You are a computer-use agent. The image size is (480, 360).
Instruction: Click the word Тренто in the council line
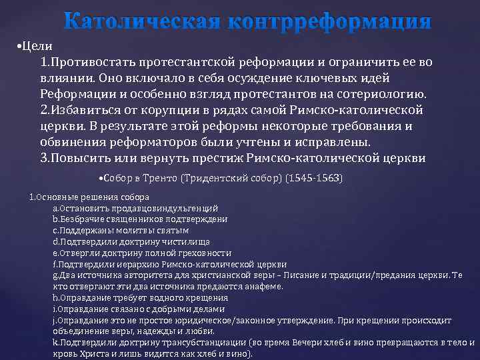[x=160, y=178]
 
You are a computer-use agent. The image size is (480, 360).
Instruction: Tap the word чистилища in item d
[x=185, y=241]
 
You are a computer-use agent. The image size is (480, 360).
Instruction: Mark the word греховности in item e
[x=203, y=253]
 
